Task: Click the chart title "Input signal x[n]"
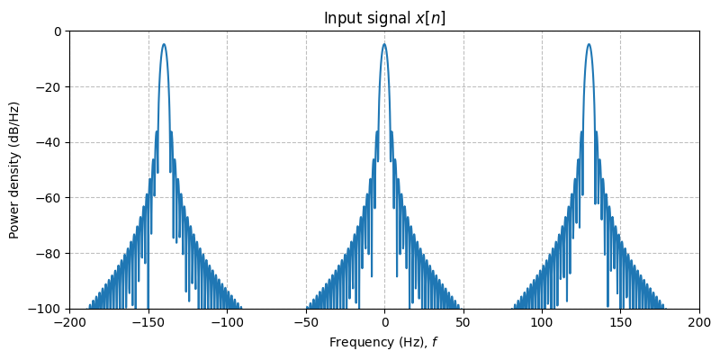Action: point(384,18)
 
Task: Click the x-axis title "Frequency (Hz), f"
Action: point(384,342)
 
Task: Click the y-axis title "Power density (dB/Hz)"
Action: point(14,170)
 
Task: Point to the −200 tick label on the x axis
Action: point(69,322)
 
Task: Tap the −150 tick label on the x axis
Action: point(148,322)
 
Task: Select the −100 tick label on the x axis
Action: point(227,322)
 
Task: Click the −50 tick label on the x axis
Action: point(306,322)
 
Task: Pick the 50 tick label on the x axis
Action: point(463,322)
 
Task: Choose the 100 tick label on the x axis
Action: point(542,322)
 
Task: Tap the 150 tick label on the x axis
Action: point(621,322)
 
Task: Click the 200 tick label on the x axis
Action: point(699,322)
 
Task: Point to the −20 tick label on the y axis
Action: point(51,87)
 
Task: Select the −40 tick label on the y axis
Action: point(51,142)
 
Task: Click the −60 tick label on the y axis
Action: point(51,198)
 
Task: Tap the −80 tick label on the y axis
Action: point(51,254)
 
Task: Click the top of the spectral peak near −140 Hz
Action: point(164,44)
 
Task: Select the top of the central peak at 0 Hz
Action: point(384,44)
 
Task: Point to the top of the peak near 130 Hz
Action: point(589,44)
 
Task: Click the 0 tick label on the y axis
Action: point(58,31)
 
